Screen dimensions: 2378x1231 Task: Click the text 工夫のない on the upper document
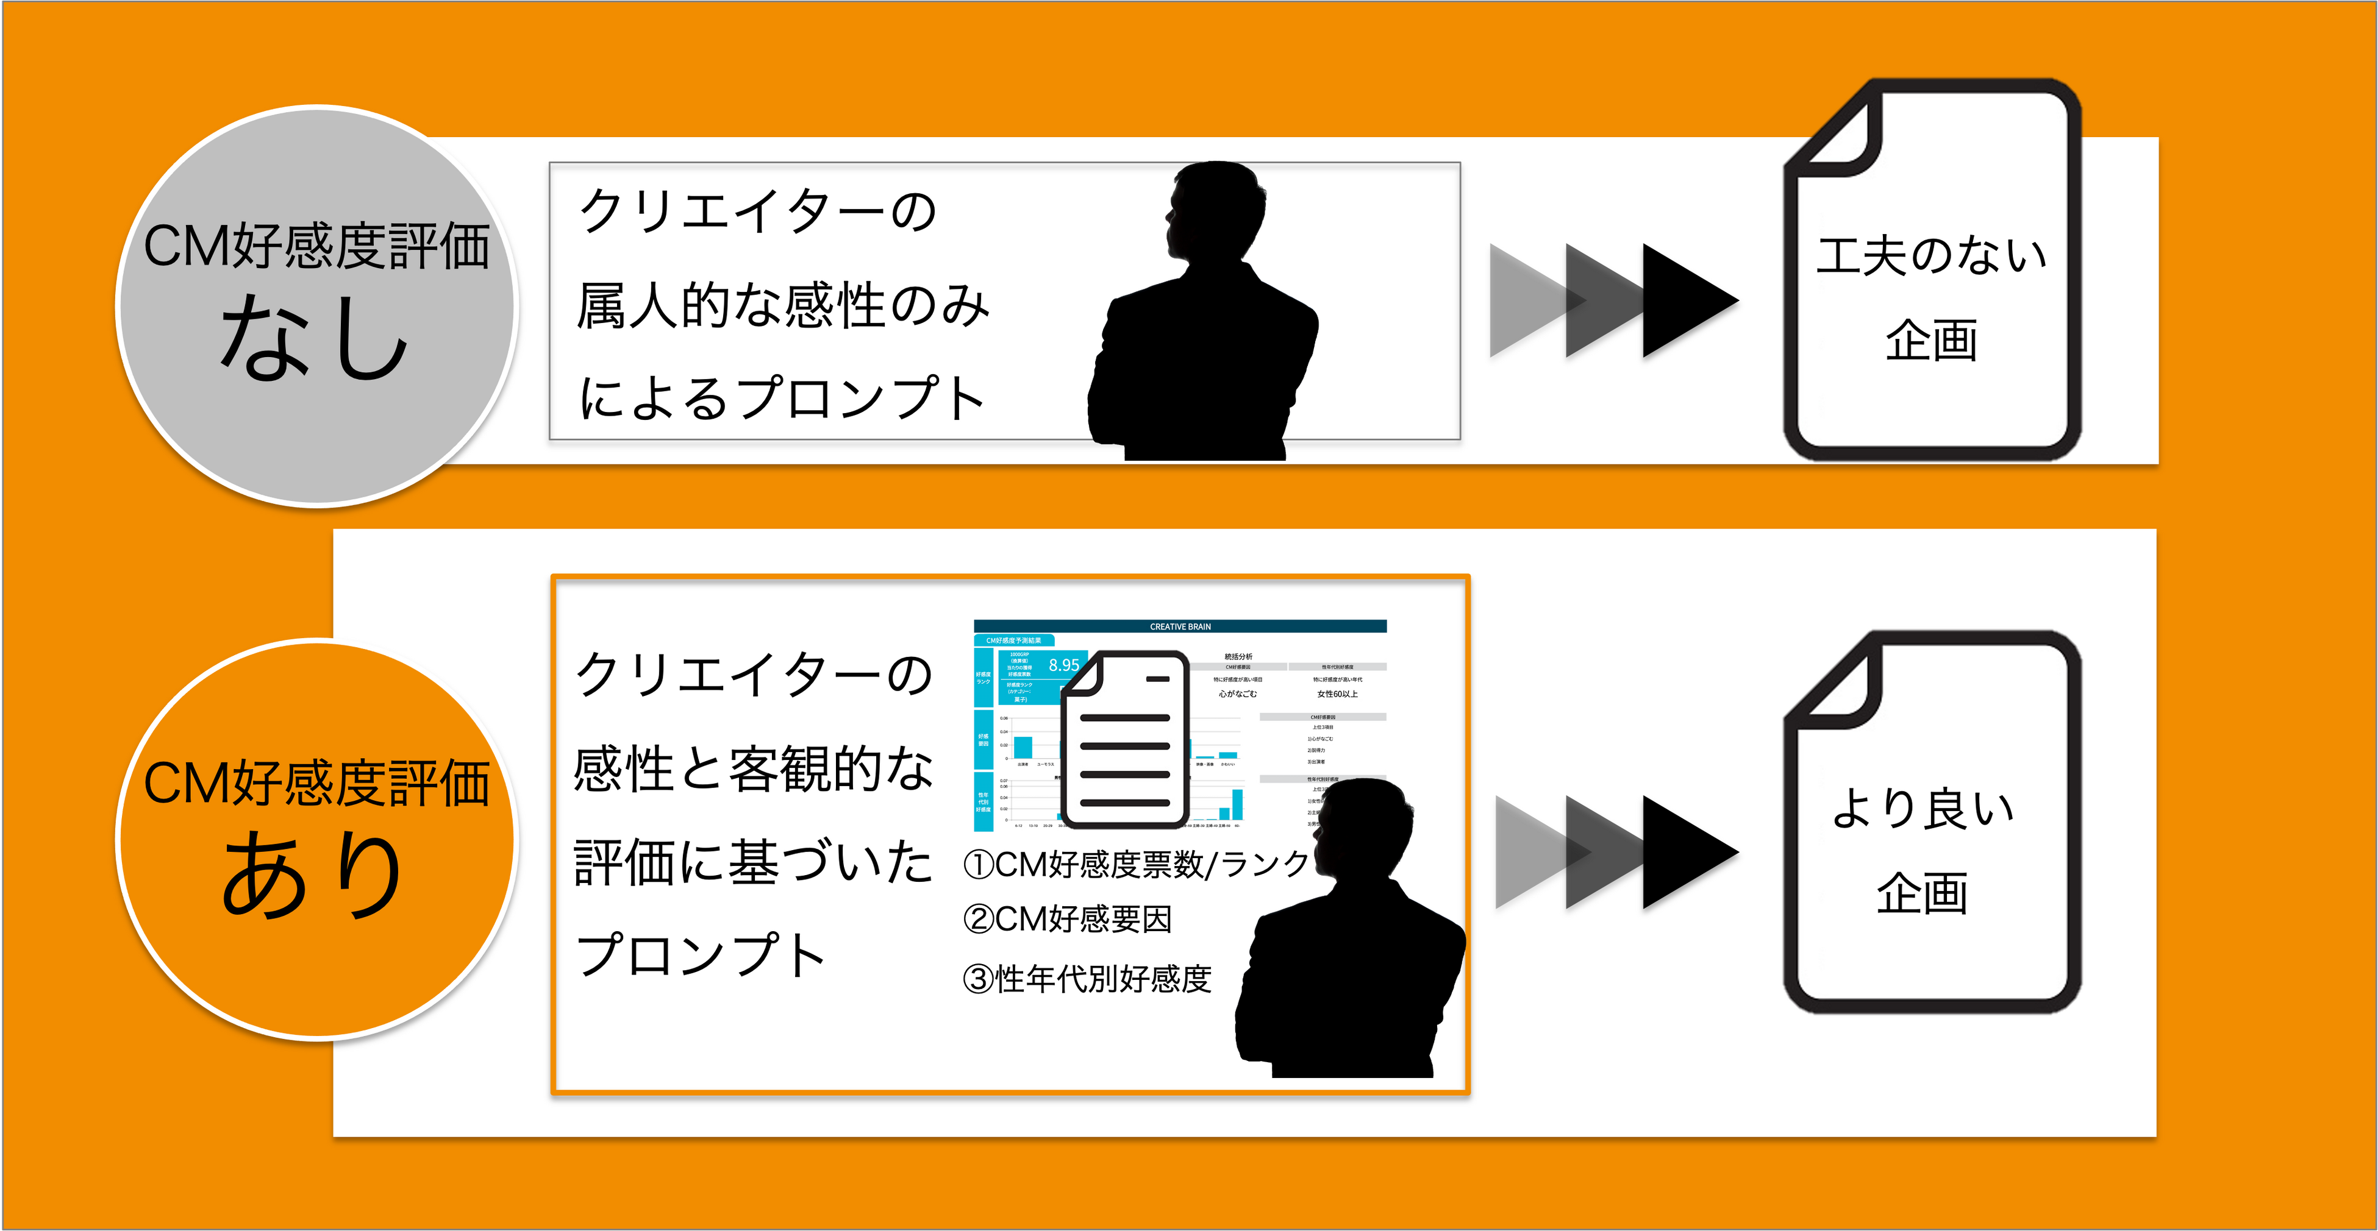[x=1931, y=255]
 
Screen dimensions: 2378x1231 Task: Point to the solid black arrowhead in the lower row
[x=1690, y=854]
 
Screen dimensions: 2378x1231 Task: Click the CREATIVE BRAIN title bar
[x=1180, y=626]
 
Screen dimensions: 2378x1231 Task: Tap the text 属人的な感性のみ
[x=783, y=307]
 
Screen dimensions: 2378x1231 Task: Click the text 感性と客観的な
[x=753, y=770]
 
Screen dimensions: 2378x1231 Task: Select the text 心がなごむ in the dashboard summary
[x=1237, y=694]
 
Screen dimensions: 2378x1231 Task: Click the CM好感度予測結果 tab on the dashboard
[x=1013, y=640]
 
